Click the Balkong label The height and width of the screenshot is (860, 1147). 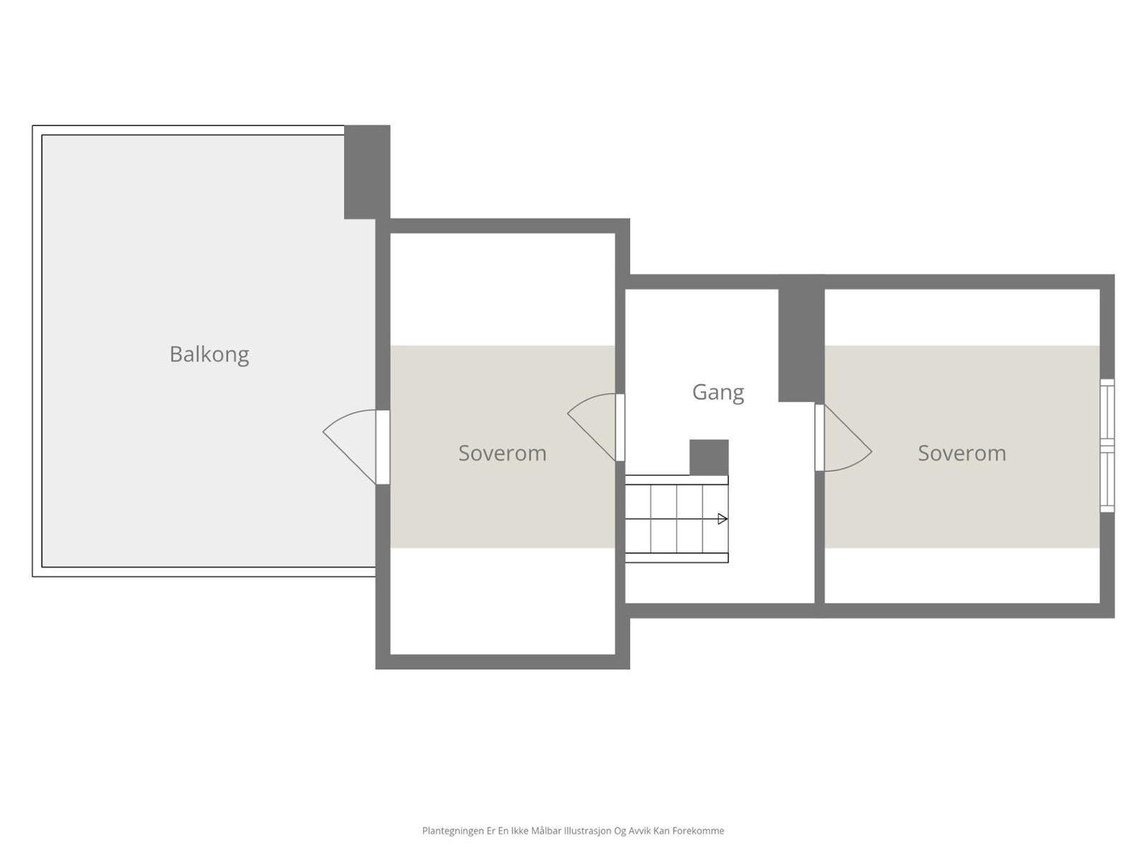[209, 355]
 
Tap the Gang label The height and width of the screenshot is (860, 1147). [718, 392]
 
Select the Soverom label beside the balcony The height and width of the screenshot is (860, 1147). [502, 453]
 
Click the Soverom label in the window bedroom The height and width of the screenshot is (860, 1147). [961, 453]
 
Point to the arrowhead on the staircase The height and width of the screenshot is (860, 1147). [723, 519]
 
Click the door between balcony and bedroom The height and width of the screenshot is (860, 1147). [383, 446]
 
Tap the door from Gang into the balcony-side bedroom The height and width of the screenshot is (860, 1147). [620, 427]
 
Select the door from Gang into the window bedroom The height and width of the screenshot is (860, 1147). [819, 437]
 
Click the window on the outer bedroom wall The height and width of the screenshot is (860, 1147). [1107, 445]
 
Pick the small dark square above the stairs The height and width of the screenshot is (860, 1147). [709, 457]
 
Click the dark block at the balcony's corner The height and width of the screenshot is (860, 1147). [367, 172]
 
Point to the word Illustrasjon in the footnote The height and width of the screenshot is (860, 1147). [587, 831]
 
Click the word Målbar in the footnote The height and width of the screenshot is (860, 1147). [546, 831]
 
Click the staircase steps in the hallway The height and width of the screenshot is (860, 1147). [676, 519]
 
